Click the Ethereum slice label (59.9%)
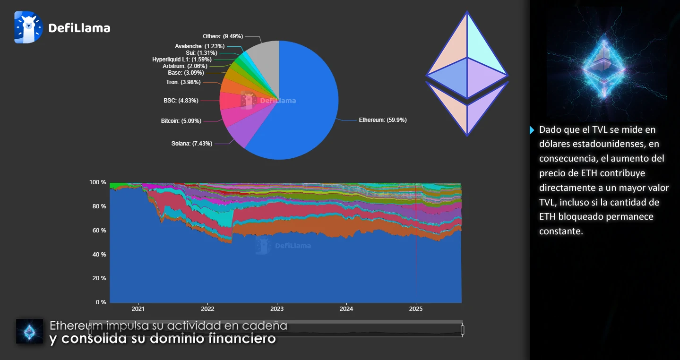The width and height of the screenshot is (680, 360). (x=383, y=120)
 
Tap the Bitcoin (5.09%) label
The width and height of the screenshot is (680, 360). (x=181, y=121)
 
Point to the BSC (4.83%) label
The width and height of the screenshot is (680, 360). (x=181, y=101)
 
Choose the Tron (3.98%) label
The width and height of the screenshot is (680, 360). (x=183, y=82)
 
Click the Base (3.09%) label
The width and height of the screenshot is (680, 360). (x=186, y=73)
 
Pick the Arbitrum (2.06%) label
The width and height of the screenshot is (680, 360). (x=185, y=66)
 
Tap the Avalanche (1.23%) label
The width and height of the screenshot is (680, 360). (x=199, y=46)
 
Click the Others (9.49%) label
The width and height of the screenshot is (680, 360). (x=223, y=36)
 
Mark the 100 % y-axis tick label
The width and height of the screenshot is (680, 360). (x=98, y=182)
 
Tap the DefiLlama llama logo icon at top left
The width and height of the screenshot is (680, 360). (x=28, y=27)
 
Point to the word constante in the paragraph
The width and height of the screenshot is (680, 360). (x=561, y=231)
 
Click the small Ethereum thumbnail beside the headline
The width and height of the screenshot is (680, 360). (x=29, y=331)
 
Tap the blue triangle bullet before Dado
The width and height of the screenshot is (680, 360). (x=532, y=130)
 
